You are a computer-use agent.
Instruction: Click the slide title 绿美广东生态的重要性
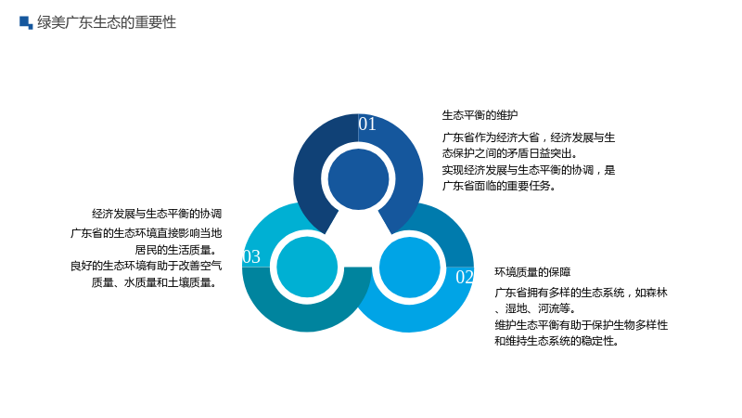(107, 22)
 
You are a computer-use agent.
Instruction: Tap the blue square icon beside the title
(26, 22)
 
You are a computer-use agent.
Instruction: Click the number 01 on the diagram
(367, 124)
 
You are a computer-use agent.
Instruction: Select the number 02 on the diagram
(465, 277)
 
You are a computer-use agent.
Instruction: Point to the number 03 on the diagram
(251, 257)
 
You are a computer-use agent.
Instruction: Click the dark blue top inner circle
(358, 179)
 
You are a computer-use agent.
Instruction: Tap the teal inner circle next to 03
(307, 268)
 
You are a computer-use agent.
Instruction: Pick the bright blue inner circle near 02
(410, 268)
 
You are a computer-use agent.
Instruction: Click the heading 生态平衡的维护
(480, 115)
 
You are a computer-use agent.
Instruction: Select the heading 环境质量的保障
(532, 272)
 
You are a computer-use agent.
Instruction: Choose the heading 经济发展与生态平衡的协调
(157, 214)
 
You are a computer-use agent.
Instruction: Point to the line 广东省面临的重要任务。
(499, 186)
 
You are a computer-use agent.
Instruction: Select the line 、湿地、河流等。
(536, 308)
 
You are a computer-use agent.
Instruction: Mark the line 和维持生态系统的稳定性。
(557, 341)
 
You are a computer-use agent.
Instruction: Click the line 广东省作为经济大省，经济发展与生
(529, 137)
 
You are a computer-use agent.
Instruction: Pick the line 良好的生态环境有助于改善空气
(147, 266)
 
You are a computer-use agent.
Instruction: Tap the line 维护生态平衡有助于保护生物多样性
(582, 324)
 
